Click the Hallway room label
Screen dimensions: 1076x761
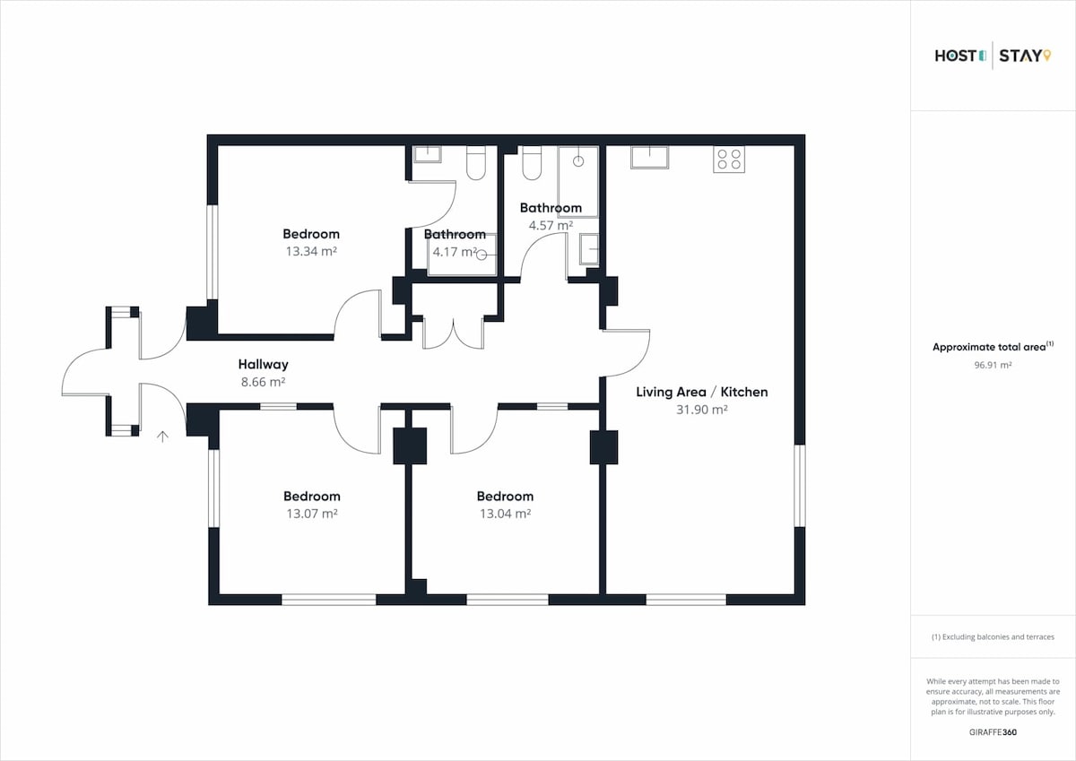click(x=264, y=365)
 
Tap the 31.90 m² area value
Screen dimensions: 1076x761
click(x=702, y=410)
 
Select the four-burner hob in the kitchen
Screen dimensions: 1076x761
click(x=729, y=160)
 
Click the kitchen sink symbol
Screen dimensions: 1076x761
click(x=649, y=157)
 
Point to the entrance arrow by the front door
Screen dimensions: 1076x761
click(x=163, y=437)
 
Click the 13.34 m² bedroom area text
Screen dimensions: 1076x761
click(x=311, y=251)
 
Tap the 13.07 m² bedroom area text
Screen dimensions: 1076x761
click(x=312, y=514)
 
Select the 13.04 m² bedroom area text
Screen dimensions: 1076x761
click(x=505, y=514)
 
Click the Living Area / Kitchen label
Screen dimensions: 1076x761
click(x=702, y=393)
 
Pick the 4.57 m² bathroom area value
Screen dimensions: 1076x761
click(x=551, y=225)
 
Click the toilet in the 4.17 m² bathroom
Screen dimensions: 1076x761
click(x=476, y=163)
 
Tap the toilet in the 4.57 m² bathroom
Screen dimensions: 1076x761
click(x=532, y=163)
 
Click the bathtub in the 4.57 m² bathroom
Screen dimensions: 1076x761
click(x=578, y=182)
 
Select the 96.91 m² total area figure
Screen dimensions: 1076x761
click(x=993, y=365)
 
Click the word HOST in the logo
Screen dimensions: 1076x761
click(x=956, y=56)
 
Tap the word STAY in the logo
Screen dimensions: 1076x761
click(x=1020, y=56)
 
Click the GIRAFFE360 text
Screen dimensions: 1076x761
click(x=993, y=732)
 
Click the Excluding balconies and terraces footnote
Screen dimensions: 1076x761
click(x=993, y=637)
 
